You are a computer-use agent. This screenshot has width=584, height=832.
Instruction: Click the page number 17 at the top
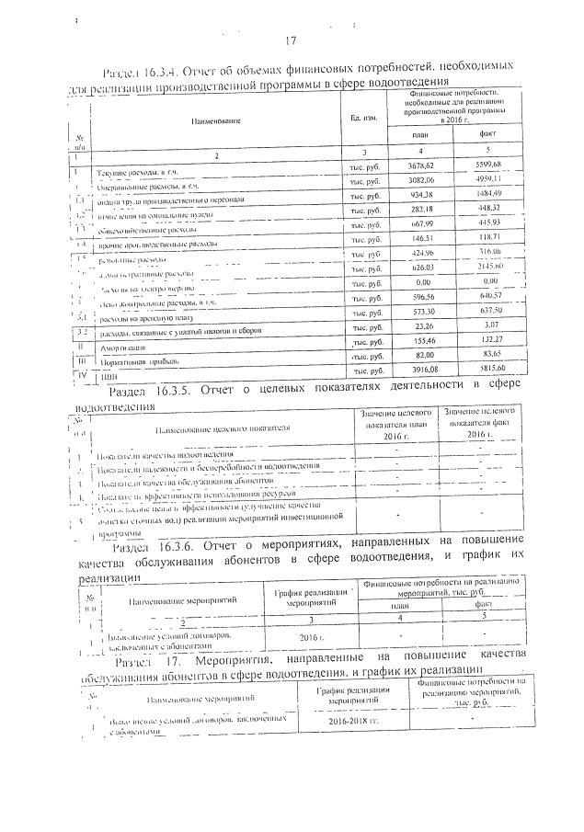tap(291, 40)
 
